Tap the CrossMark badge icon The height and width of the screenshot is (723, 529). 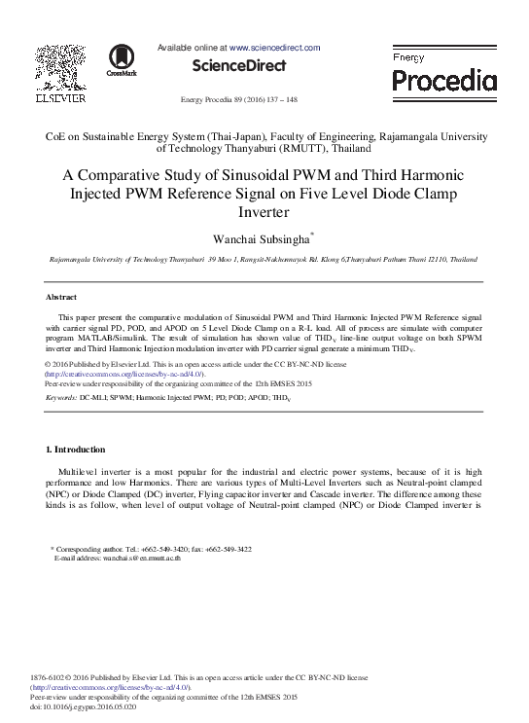pyautogui.click(x=122, y=59)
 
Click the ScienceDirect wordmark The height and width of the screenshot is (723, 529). pyautogui.click(x=239, y=66)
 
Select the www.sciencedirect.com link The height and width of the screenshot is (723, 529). pyautogui.click(x=274, y=47)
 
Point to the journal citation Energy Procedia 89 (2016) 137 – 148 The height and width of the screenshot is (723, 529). pyautogui.click(x=239, y=100)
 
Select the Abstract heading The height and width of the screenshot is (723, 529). pyautogui.click(x=61, y=297)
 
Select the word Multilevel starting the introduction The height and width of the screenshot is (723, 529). pyautogui.click(x=82, y=471)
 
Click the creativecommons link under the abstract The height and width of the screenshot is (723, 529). pyautogui.click(x=124, y=374)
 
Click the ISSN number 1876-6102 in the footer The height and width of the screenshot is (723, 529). pyautogui.click(x=50, y=676)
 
